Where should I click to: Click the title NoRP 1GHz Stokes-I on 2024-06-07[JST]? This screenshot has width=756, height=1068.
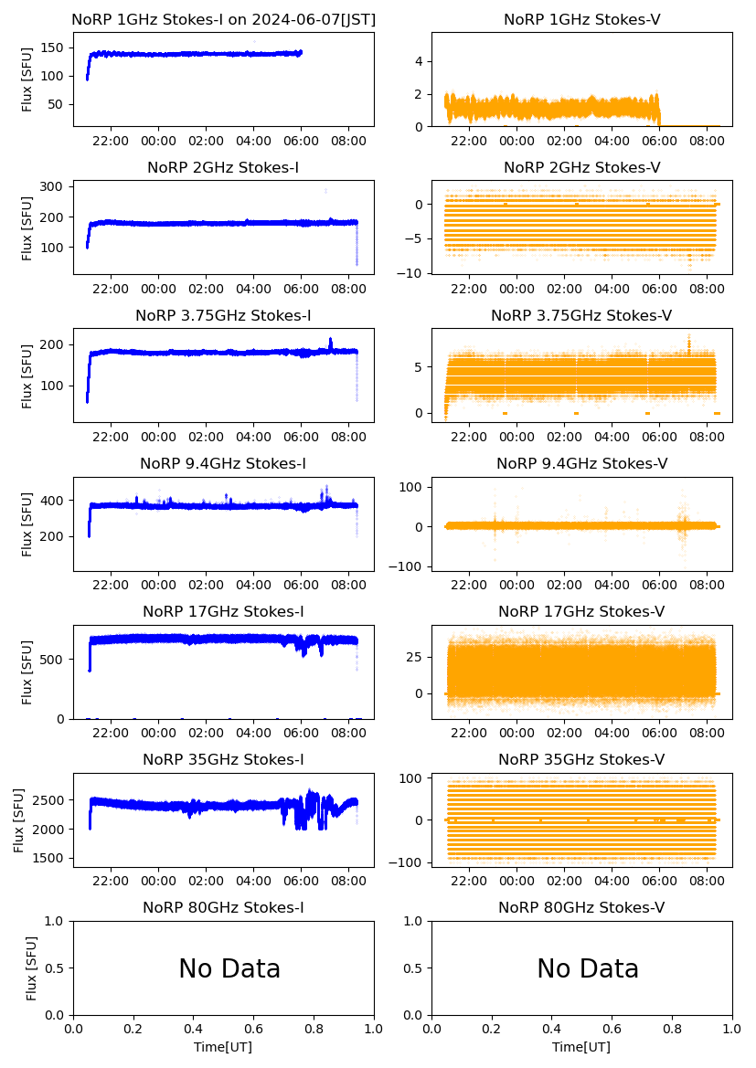click(223, 20)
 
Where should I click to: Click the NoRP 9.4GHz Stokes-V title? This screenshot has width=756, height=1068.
click(581, 464)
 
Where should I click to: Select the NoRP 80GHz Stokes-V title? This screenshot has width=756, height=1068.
click(581, 908)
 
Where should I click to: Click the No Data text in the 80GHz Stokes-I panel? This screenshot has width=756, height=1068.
click(229, 968)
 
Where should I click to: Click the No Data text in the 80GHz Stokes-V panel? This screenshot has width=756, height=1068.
click(588, 968)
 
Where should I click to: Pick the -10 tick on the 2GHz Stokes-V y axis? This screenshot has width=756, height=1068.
click(412, 273)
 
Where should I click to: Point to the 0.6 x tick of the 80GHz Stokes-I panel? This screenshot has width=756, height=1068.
click(253, 1030)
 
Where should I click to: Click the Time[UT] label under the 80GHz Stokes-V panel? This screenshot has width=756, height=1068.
click(581, 1047)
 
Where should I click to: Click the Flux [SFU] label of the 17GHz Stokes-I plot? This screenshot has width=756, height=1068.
click(27, 672)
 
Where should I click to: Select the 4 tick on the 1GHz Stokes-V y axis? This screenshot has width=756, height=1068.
click(420, 61)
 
